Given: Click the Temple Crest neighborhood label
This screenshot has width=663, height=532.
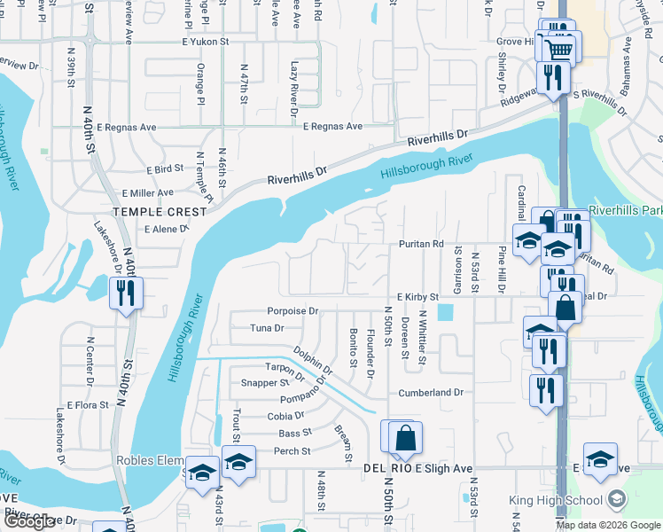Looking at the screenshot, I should click(160, 212).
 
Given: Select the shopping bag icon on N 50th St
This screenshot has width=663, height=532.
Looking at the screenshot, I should click(405, 439).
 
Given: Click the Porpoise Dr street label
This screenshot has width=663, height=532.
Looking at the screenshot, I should click(292, 311).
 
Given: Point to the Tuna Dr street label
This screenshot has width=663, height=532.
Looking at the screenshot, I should click(267, 328).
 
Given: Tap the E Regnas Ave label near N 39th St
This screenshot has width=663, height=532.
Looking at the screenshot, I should click(126, 128).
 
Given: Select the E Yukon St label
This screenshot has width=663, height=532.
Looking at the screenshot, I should click(206, 42).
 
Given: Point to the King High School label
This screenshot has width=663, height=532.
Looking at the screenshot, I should click(557, 501).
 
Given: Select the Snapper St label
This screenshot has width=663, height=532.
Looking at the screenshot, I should click(266, 383).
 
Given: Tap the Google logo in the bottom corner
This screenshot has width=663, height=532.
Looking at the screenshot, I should click(31, 521).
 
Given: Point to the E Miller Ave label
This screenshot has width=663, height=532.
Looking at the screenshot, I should click(148, 192).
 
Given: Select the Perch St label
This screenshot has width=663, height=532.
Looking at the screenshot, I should click(293, 450).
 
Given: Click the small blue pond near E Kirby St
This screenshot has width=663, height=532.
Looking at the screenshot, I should click(445, 314).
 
